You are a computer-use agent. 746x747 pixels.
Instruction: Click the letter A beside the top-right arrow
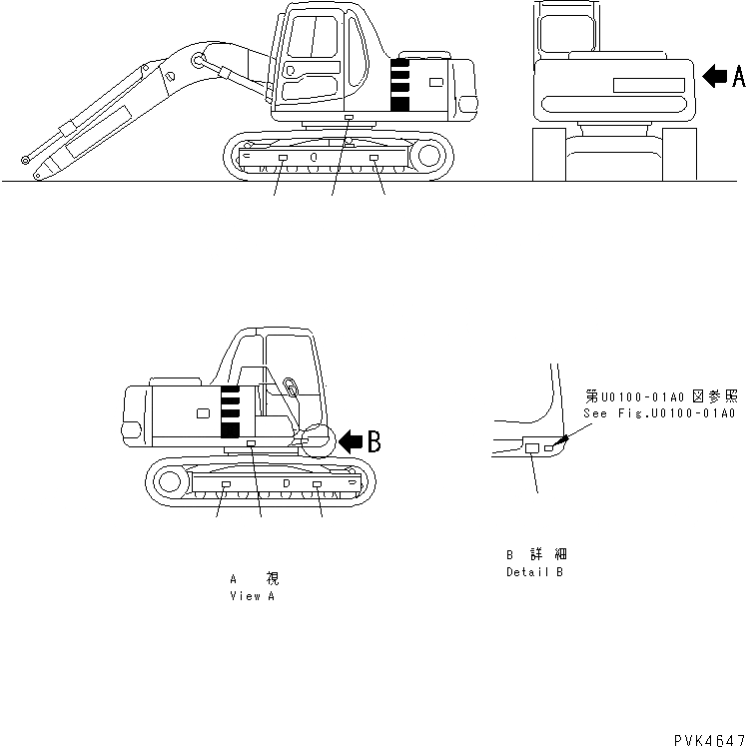pyautogui.click(x=737, y=75)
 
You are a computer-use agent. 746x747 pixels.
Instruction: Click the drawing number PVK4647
pyautogui.click(x=708, y=738)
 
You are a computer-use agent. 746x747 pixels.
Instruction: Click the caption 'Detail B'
pyautogui.click(x=534, y=572)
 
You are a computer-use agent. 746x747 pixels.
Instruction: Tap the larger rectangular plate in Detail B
pyautogui.click(x=532, y=449)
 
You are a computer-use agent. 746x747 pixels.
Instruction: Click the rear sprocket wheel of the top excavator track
pyautogui.click(x=429, y=156)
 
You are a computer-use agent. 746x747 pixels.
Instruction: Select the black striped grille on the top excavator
pyautogui.click(x=400, y=84)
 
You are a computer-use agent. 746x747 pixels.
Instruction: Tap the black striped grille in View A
pyautogui.click(x=230, y=410)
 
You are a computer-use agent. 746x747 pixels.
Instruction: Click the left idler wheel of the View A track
pyautogui.click(x=169, y=483)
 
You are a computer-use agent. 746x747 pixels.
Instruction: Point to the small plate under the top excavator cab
pyautogui.click(x=348, y=118)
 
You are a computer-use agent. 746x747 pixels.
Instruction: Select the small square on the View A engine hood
pyautogui.click(x=203, y=412)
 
